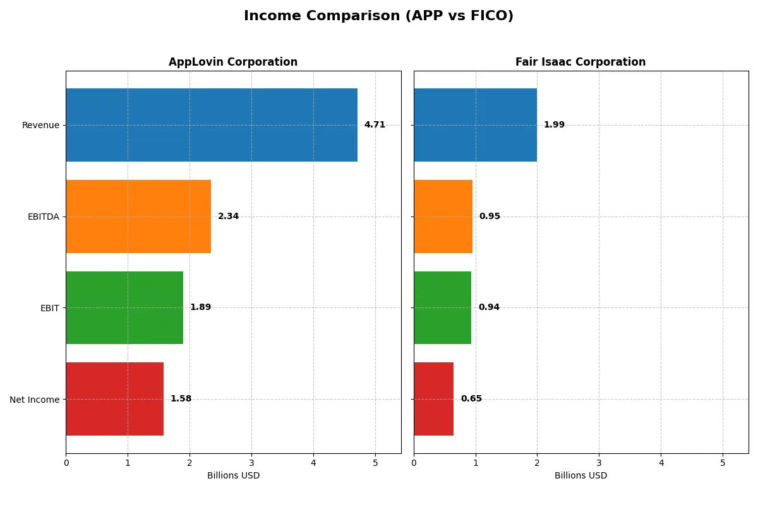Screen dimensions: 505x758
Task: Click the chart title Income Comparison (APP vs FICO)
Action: point(378,16)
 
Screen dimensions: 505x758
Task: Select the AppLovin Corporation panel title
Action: point(233,62)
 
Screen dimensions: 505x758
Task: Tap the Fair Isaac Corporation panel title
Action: point(581,62)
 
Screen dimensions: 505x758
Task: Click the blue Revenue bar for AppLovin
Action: point(212,125)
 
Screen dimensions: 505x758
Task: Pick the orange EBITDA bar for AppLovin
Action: point(138,217)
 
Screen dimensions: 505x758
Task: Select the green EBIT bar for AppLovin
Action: point(124,307)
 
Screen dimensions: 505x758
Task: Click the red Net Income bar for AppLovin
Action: point(114,399)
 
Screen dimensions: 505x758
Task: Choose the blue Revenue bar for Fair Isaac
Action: point(475,125)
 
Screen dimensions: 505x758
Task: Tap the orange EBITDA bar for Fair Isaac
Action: point(443,217)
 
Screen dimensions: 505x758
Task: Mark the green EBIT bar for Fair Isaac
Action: point(442,307)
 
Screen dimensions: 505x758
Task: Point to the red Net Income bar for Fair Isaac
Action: point(433,399)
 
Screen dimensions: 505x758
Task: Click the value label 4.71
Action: point(375,125)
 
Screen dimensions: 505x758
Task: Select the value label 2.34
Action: point(228,217)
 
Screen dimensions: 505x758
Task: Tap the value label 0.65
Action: point(471,399)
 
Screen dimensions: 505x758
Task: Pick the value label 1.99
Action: point(554,125)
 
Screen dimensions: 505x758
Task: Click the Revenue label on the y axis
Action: point(40,125)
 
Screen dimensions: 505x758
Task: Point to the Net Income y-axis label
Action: point(35,399)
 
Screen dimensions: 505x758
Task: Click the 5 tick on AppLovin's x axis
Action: point(375,462)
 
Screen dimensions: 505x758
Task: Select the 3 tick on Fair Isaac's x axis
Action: point(599,462)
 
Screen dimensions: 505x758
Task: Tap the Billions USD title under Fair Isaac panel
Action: point(581,476)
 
